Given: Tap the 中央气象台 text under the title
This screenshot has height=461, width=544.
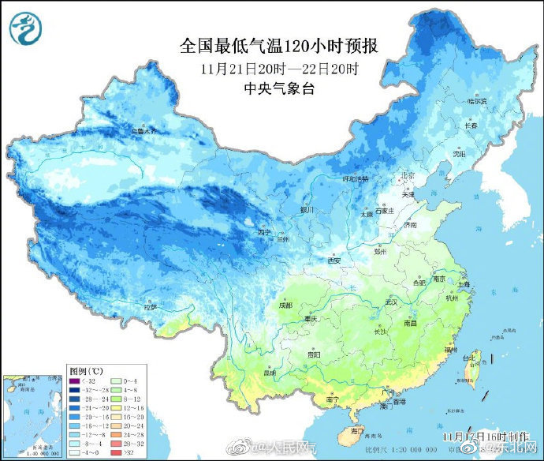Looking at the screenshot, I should click(x=280, y=88).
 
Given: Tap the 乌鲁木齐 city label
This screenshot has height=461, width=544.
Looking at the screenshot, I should click(x=144, y=131).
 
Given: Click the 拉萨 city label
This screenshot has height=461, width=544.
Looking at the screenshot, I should click(x=151, y=305).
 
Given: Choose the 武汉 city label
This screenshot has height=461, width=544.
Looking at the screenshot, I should click(x=389, y=302).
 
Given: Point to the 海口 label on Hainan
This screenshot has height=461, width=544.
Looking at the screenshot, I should click(x=357, y=430).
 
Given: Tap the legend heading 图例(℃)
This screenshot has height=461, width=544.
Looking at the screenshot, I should click(x=86, y=370).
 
